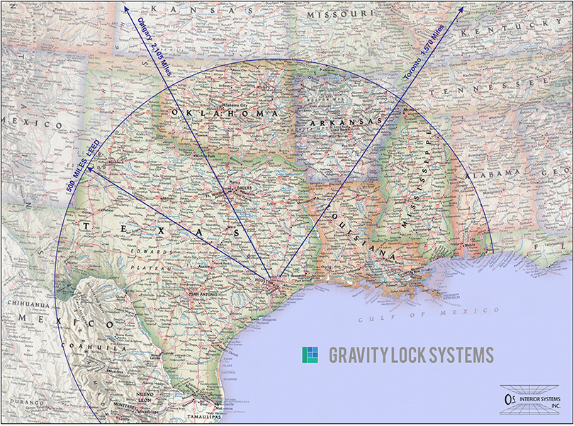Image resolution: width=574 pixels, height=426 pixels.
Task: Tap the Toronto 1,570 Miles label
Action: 423,52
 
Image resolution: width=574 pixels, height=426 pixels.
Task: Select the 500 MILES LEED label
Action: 86,162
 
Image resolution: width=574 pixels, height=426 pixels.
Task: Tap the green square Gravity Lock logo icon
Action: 310,354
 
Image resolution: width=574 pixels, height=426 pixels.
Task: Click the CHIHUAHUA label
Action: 27,306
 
